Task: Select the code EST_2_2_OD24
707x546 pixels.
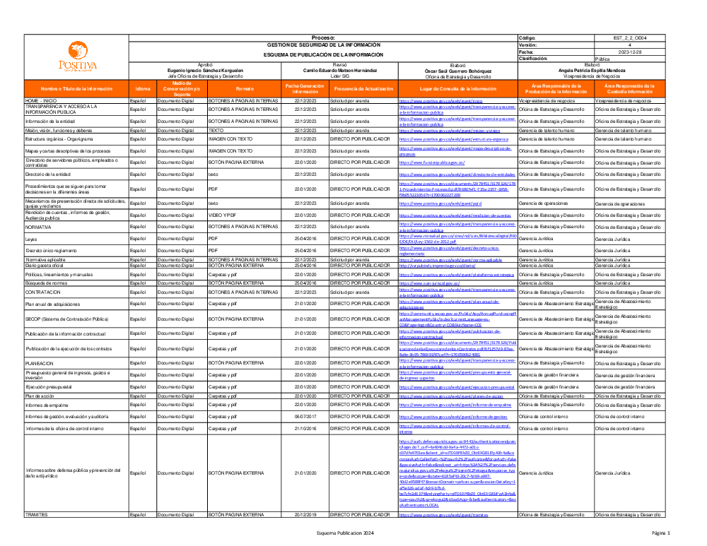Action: pyautogui.click(x=630, y=37)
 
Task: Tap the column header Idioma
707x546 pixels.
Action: pyautogui.click(x=143, y=90)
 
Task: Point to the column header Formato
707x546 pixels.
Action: pyautogui.click(x=245, y=90)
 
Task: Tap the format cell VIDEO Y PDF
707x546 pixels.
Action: pyautogui.click(x=225, y=215)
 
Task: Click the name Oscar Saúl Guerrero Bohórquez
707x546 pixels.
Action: pyautogui.click(x=457, y=71)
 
